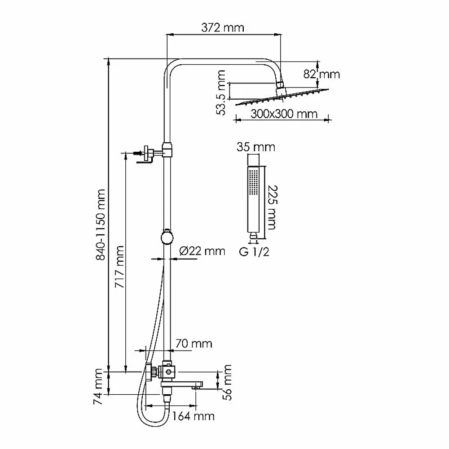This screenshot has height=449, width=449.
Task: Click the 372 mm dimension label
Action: click(223, 28)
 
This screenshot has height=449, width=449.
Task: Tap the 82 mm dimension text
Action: click(321, 75)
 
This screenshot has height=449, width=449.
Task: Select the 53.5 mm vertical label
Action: click(221, 93)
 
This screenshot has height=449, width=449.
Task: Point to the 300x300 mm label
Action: click(284, 114)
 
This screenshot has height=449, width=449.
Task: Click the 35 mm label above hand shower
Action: click(256, 147)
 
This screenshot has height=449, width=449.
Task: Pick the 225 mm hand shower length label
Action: click(272, 207)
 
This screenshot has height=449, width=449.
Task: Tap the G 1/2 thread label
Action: click(254, 252)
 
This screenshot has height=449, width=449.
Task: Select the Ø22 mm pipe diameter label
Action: click(202, 251)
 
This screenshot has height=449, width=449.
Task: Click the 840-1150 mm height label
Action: click(101, 225)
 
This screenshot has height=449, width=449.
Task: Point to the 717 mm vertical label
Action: click(119, 267)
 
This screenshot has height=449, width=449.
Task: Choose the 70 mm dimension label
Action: click(194, 343)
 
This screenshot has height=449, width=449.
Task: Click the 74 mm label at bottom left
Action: click(98, 387)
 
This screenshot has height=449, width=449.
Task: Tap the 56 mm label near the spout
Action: click(227, 382)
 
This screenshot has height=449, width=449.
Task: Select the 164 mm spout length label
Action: click(193, 416)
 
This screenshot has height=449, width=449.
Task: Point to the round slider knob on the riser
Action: click(167, 238)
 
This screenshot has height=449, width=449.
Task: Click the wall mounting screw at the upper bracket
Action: click(138, 154)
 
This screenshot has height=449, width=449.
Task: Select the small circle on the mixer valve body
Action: click(169, 372)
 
